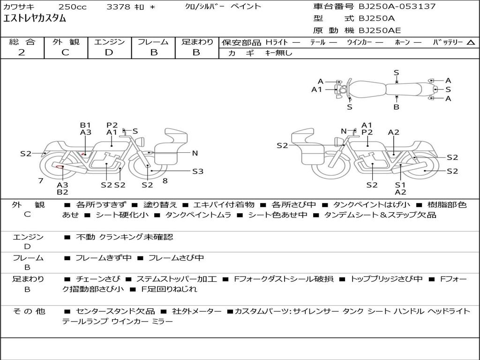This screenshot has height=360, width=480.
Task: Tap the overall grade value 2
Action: (22, 52)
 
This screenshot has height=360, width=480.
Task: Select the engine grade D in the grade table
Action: (109, 52)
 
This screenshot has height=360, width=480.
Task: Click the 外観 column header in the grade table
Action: (65, 42)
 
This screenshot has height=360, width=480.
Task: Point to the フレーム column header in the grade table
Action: (153, 42)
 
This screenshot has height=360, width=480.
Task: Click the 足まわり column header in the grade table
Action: (197, 42)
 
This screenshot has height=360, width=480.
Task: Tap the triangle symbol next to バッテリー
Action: (471, 43)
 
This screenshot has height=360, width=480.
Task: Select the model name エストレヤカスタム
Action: (35, 19)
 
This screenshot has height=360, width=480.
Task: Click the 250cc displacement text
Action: (71, 7)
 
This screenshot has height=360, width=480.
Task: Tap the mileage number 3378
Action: (119, 7)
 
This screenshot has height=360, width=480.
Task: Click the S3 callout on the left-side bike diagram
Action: (198, 172)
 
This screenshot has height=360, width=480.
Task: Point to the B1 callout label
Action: (85, 125)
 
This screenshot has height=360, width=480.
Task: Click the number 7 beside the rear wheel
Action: (41, 181)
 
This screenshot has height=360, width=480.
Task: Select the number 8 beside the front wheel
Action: (165, 181)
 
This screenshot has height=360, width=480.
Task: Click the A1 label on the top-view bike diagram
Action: (317, 90)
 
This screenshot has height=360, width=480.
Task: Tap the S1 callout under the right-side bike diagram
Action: (400, 185)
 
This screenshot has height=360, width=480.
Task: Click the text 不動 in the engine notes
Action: (85, 237)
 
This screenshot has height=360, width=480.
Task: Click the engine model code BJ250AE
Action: (380, 30)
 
